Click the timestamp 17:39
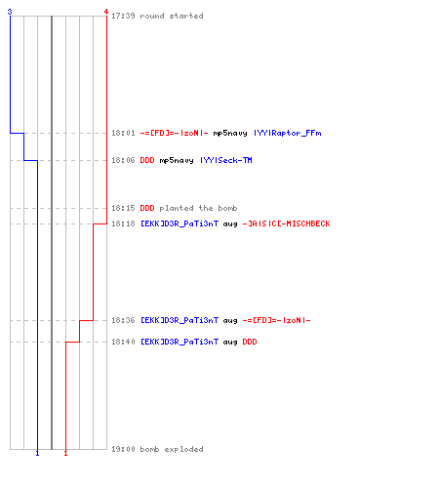(x=123, y=16)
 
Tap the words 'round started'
(x=172, y=16)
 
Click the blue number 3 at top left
(x=10, y=12)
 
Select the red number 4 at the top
(x=106, y=12)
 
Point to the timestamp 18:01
(x=123, y=133)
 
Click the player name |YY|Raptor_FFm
(x=288, y=133)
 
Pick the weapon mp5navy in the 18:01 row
(x=230, y=133)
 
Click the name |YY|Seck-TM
(x=226, y=160)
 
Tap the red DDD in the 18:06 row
(x=147, y=160)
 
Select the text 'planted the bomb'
(x=198, y=208)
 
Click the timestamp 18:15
(x=123, y=208)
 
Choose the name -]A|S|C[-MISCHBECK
(x=286, y=224)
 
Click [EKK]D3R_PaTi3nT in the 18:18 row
(x=180, y=224)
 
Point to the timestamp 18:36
(x=123, y=320)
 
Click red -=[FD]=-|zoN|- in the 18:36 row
(x=276, y=320)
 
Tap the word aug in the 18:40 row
(x=230, y=343)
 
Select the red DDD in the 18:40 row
(x=250, y=342)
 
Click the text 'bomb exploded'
(x=172, y=449)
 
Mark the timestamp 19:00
(x=123, y=449)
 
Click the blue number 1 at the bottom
(x=37, y=453)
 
